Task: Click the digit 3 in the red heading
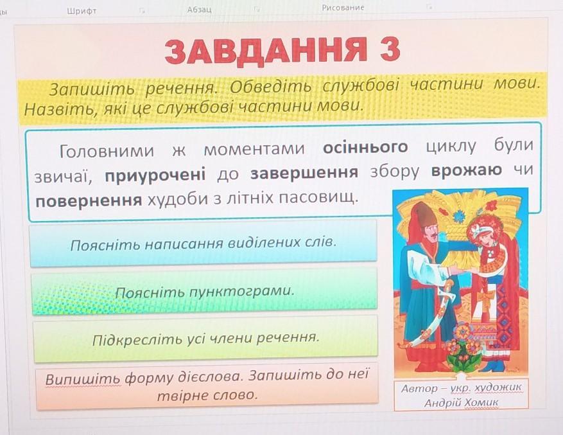[388, 49]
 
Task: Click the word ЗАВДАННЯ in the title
[266, 51]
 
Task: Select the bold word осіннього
[365, 148]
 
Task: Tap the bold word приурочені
[155, 175]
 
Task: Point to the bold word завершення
[304, 173]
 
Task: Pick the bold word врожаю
[467, 170]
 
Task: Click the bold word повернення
[89, 200]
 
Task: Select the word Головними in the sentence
[107, 151]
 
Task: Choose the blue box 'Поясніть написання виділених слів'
[204, 244]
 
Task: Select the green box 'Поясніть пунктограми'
[204, 291]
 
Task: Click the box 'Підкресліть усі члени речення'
[205, 339]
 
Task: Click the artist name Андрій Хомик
[461, 403]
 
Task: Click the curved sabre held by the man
[431, 316]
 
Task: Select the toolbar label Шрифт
[82, 11]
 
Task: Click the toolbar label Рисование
[343, 8]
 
